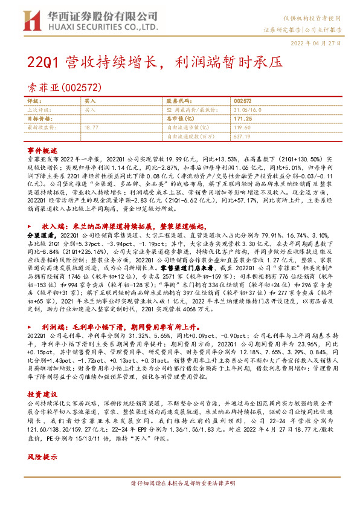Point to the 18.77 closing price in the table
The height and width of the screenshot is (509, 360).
(x=92, y=128)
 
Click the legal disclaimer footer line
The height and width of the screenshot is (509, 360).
(x=182, y=500)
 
